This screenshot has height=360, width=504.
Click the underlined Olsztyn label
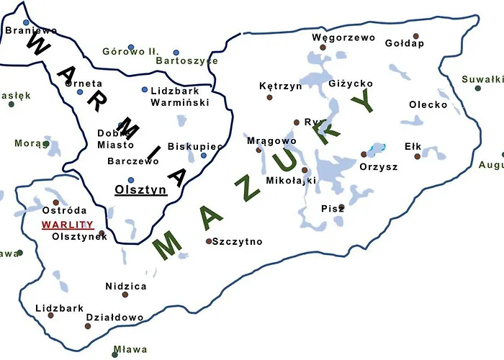pyautogui.click(x=140, y=191)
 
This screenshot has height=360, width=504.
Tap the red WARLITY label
pyautogui.click(x=63, y=225)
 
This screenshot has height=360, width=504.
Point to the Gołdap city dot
pyautogui.click(x=415, y=36)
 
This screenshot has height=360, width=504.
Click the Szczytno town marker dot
pyautogui.click(x=209, y=241)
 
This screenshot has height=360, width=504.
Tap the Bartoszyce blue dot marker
pyautogui.click(x=176, y=53)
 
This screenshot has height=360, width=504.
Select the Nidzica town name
pyautogui.click(x=125, y=286)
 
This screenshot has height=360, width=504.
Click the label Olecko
pyautogui.click(x=428, y=104)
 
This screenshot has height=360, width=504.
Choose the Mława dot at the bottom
pyautogui.click(x=114, y=354)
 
